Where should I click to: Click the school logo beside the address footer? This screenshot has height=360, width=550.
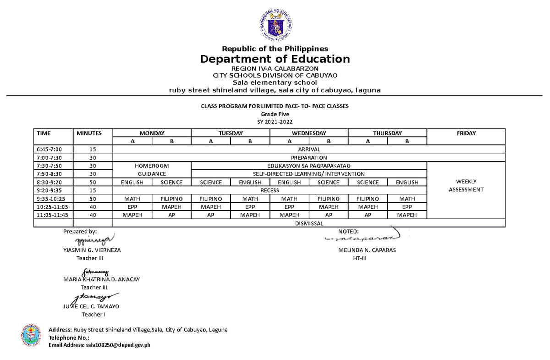[32, 336]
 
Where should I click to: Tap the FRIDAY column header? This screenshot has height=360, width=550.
[466, 133]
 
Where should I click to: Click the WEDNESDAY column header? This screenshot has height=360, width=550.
[309, 133]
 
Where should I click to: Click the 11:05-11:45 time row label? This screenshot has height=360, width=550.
[51, 215]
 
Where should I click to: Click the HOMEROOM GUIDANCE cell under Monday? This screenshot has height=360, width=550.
[152, 170]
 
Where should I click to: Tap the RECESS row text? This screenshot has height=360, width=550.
[269, 190]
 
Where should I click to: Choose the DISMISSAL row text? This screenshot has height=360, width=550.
[308, 223]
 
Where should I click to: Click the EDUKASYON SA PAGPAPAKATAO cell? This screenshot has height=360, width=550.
[309, 166]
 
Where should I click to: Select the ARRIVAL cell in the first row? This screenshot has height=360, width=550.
[308, 150]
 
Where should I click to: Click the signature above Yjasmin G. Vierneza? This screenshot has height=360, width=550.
[92, 240]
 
